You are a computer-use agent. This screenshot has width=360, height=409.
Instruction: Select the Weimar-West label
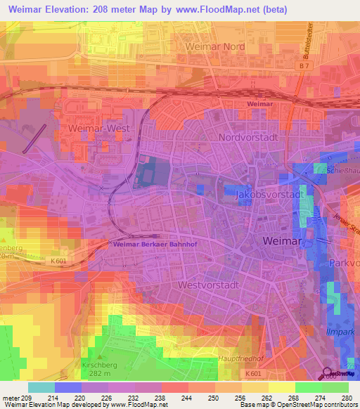coord(96,129)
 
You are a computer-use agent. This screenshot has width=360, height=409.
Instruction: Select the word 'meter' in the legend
coord(11,397)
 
